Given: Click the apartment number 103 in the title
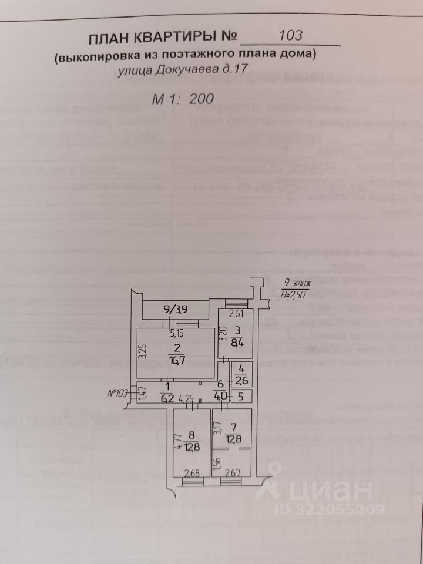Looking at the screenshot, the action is pyautogui.click(x=291, y=35).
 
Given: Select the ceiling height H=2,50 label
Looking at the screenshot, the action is pyautogui.click(x=292, y=294).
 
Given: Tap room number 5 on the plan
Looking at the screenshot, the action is pyautogui.click(x=240, y=396).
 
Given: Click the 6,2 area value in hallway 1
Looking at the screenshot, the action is pyautogui.click(x=167, y=398).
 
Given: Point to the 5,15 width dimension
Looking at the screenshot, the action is pyautogui.click(x=176, y=334).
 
